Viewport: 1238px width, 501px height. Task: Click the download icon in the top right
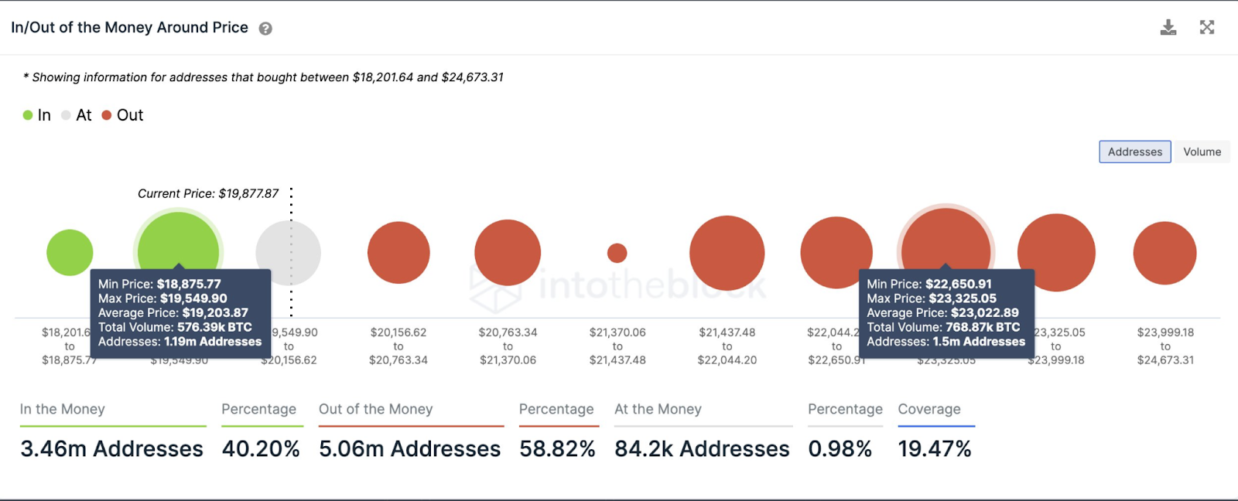[1168, 28]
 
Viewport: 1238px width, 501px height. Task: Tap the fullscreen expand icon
[1207, 28]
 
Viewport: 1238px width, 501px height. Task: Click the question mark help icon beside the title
[265, 29]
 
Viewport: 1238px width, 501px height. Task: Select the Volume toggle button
[1202, 152]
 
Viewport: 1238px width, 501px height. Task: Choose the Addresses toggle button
[1134, 152]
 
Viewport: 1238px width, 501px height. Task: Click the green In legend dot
[28, 115]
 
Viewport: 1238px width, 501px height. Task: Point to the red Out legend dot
[107, 115]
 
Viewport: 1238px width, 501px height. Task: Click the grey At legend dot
[67, 115]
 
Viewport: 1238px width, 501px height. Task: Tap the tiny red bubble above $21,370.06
[617, 253]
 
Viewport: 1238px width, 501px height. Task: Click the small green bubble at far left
[70, 253]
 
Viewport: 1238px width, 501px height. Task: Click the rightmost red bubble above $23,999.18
[1164, 253]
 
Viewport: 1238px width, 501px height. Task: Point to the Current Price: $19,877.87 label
[208, 193]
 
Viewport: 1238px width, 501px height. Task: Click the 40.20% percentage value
[261, 448]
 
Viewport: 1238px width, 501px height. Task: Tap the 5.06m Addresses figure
[409, 448]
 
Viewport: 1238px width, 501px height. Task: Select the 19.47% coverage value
[934, 448]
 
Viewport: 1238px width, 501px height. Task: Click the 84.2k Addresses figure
[702, 448]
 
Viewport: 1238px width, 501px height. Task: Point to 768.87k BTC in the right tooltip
[982, 327]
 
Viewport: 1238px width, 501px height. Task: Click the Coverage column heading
[929, 409]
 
